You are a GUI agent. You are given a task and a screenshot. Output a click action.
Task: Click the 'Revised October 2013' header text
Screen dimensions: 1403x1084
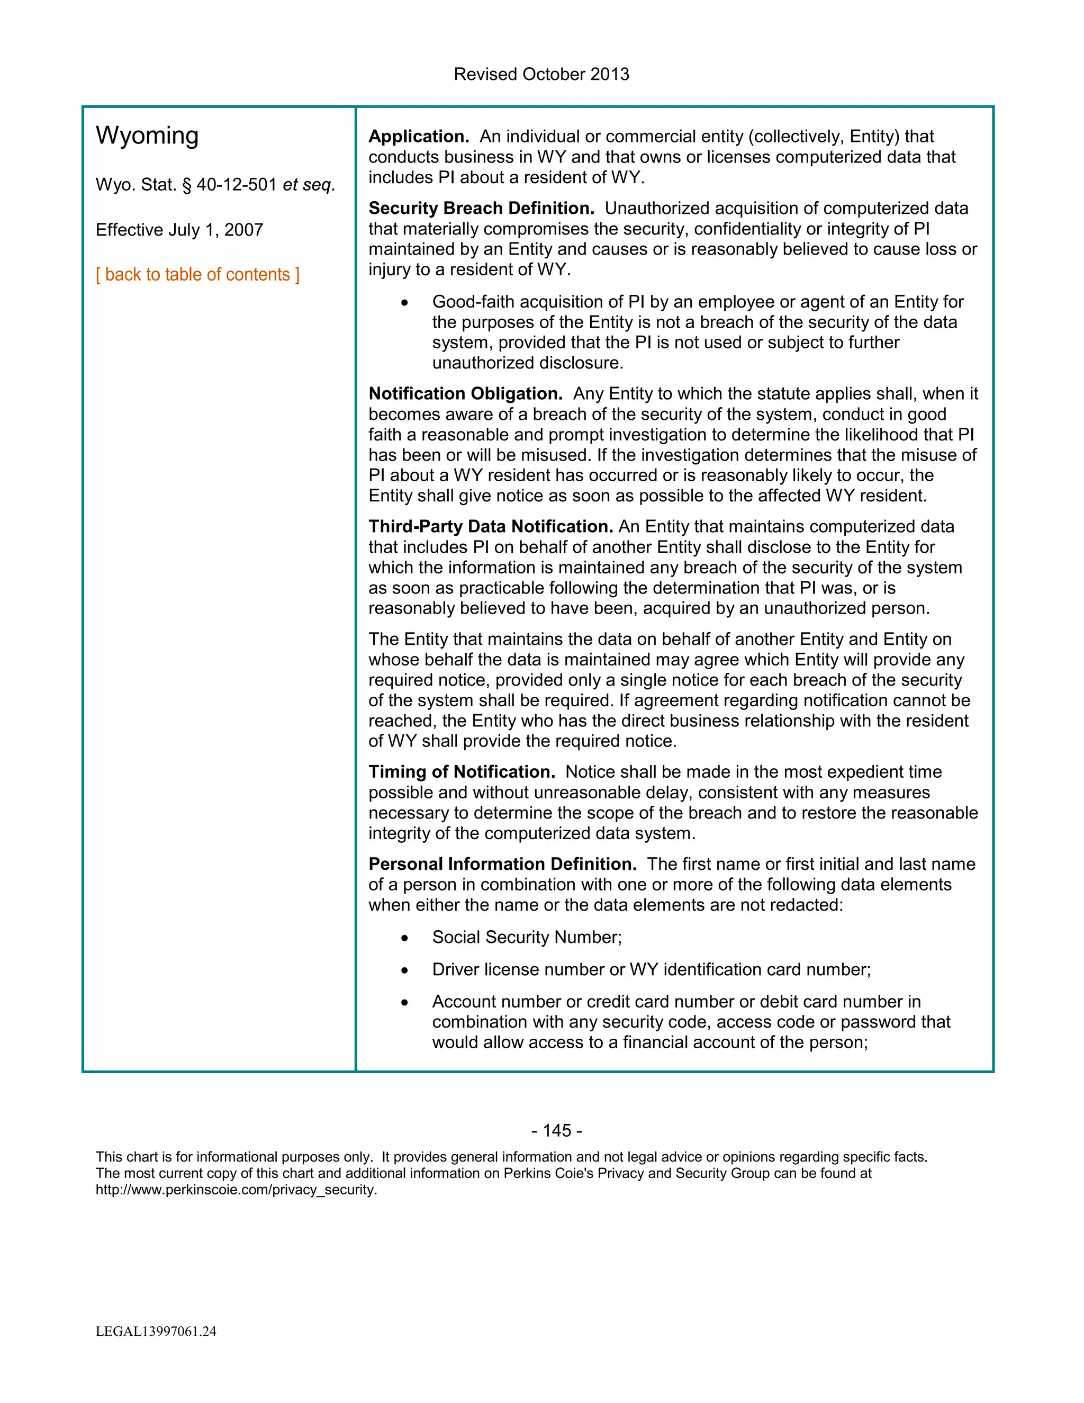541,74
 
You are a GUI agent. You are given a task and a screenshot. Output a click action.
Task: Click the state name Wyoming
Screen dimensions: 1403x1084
147,136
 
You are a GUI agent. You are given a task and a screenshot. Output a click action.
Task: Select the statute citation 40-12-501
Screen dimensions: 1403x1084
236,185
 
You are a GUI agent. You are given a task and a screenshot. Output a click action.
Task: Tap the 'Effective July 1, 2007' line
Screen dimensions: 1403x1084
179,230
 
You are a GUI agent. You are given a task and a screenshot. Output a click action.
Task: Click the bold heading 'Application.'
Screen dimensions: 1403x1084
419,136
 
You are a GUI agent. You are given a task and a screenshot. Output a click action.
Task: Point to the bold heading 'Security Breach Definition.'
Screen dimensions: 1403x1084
481,208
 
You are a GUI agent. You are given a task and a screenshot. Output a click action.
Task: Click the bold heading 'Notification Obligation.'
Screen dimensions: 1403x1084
466,393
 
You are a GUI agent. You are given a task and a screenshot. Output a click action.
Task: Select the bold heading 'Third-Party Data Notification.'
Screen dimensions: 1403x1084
491,526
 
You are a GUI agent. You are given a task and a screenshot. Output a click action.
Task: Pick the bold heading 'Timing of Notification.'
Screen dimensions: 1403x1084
462,771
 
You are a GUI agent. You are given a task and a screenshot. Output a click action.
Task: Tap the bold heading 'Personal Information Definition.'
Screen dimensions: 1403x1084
502,864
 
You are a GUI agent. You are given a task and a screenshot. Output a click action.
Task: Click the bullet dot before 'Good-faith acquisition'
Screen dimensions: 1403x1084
404,302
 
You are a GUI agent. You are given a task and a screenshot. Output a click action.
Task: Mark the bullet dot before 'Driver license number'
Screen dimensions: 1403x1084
404,970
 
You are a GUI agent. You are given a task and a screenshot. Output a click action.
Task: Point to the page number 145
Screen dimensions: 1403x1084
557,1131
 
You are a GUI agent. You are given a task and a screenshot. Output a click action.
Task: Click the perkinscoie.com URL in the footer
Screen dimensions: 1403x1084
236,1190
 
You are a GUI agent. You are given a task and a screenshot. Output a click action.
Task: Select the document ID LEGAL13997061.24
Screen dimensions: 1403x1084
156,1331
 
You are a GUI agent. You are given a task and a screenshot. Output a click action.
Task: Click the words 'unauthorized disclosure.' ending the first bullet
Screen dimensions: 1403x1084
527,363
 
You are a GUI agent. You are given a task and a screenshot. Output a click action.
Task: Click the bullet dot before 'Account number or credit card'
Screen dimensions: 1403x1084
404,1003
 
